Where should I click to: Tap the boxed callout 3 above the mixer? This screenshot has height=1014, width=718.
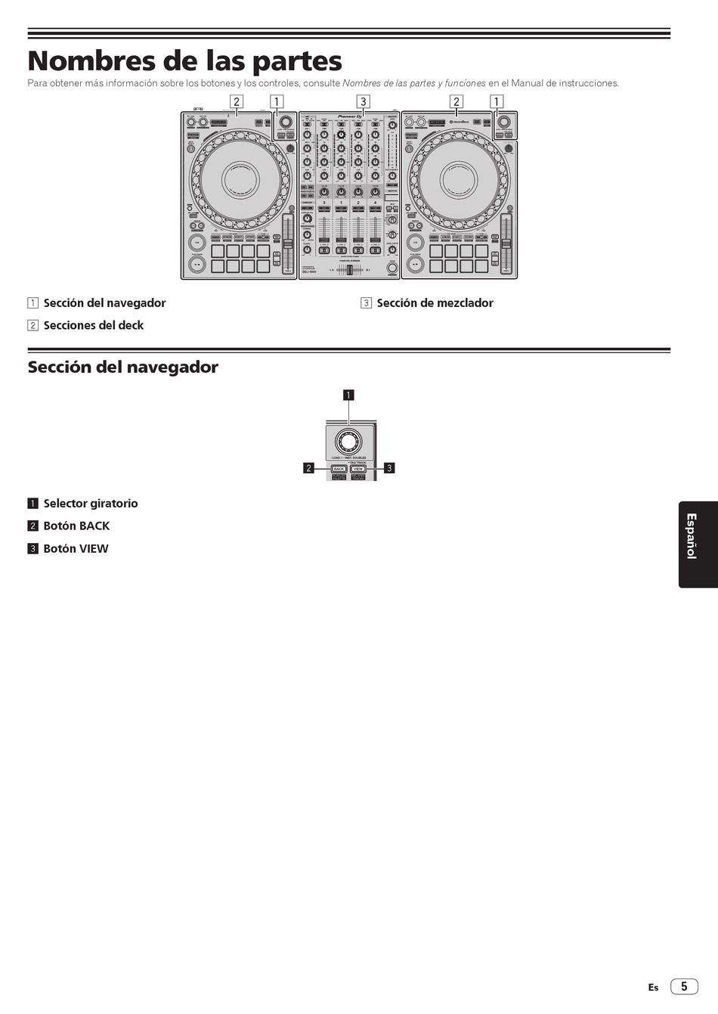363,101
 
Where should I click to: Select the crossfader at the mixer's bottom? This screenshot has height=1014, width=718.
349,269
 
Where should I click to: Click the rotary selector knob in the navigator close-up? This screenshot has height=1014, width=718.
348,442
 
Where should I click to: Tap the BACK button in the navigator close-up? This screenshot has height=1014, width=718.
339,469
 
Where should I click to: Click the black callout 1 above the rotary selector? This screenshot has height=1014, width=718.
348,395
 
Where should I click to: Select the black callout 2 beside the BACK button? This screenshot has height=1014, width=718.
308,468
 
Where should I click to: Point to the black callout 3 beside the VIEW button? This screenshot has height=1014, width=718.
389,468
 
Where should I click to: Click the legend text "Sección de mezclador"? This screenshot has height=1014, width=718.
435,303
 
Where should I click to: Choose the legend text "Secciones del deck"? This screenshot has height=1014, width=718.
93,326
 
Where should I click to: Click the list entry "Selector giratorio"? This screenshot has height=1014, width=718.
91,504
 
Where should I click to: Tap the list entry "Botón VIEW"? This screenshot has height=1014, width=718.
76,549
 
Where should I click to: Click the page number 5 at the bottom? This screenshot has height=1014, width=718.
684,987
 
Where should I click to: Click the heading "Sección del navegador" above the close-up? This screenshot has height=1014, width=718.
123,367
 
